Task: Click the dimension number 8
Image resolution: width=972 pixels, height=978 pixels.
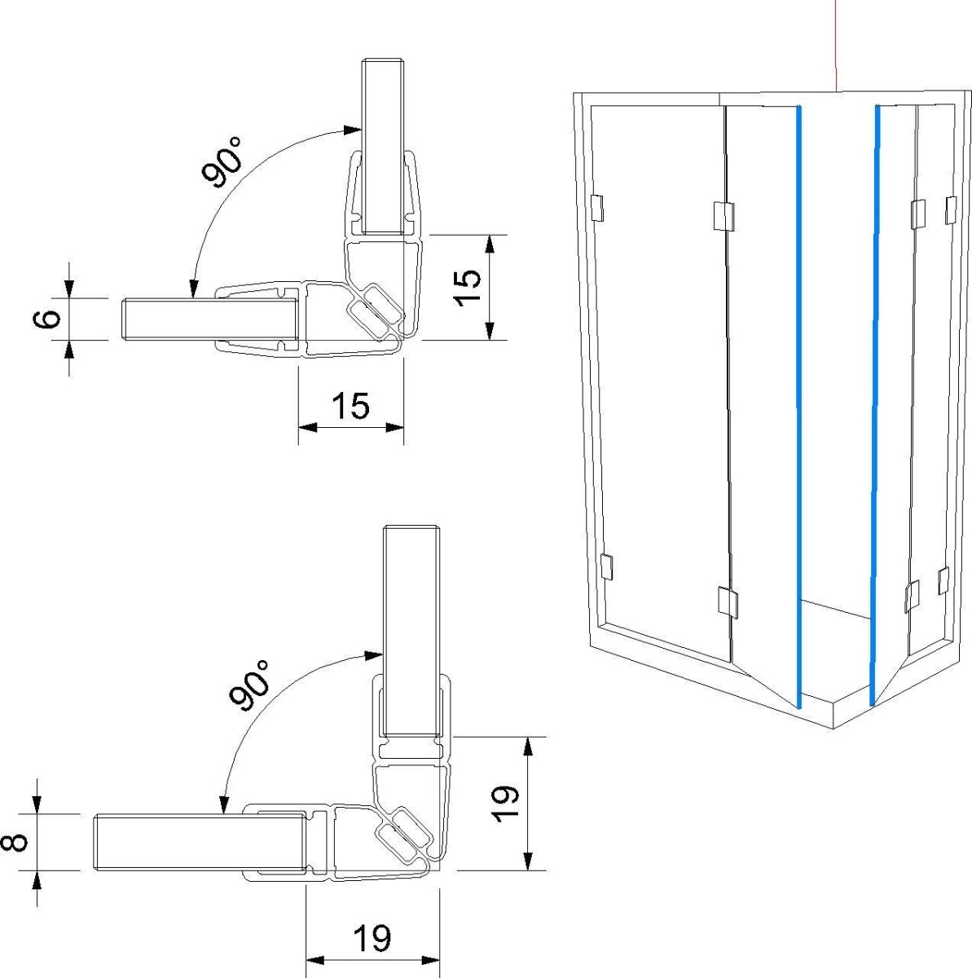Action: [19, 840]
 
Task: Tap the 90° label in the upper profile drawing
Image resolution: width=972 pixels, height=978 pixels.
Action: [222, 162]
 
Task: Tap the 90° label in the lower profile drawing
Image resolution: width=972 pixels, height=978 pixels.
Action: [249, 685]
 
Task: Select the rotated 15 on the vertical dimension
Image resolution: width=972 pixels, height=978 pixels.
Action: [467, 287]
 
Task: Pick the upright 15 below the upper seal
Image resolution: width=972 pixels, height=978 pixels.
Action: [350, 406]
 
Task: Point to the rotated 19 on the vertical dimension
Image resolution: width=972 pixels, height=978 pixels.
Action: [505, 804]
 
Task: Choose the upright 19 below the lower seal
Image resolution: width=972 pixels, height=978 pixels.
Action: [372, 939]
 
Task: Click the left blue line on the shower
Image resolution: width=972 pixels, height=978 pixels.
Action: [799, 407]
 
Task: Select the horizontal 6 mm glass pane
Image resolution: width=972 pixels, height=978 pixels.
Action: [208, 319]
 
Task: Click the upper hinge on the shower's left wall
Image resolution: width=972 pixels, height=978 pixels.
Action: [596, 209]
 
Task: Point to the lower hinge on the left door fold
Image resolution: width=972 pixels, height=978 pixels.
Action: [728, 601]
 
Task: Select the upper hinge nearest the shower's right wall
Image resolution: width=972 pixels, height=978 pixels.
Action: [950, 209]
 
